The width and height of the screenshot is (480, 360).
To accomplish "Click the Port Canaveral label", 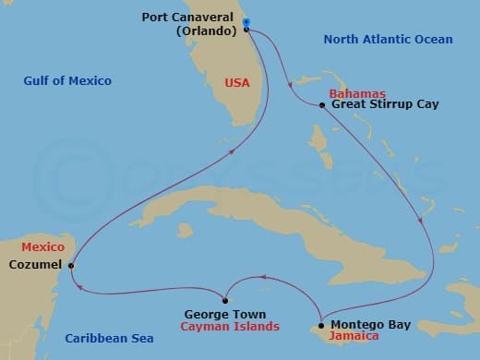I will tap(188, 17).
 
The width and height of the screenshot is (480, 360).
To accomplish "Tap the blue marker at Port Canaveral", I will tap(246, 21).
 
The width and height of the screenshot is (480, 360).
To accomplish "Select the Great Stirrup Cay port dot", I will tap(321, 105).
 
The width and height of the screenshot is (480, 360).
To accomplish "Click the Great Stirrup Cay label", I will tap(385, 104).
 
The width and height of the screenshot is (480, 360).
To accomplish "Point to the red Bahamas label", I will tap(357, 94).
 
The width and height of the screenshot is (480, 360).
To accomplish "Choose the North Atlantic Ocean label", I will tap(389, 39).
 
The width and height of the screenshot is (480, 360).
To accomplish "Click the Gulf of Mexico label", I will tap(67, 81).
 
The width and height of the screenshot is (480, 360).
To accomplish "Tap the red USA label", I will tap(237, 83).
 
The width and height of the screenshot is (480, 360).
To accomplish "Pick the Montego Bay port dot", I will tap(320, 325).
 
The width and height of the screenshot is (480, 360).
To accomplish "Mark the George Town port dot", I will tap(224, 299).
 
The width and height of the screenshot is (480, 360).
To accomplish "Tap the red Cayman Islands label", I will tap(230, 327).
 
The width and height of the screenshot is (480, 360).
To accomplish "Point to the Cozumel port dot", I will tap(71, 266).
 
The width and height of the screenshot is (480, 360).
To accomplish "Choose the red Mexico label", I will tap(43, 248).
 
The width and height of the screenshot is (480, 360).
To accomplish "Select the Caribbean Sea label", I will tap(109, 339).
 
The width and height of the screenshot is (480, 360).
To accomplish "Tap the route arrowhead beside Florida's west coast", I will tap(228, 153).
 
